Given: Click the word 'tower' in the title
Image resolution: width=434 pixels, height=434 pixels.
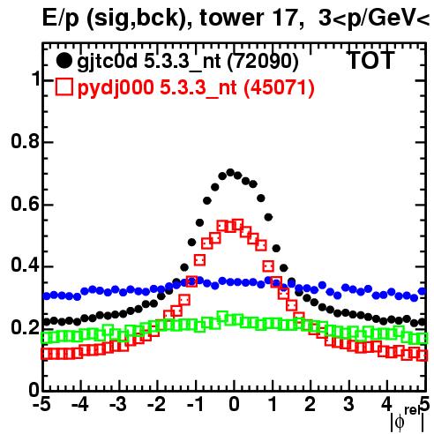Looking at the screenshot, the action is pyautogui.click(x=230, y=18).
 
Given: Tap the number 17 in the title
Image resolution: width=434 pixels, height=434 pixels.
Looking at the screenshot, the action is pyautogui.click(x=285, y=17).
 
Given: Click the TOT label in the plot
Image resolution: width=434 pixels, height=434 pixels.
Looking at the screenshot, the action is pyautogui.click(x=371, y=61).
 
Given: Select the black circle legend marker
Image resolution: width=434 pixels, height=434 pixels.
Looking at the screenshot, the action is pyautogui.click(x=64, y=61).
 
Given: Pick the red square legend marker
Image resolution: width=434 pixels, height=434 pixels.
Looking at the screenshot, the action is pyautogui.click(x=64, y=86).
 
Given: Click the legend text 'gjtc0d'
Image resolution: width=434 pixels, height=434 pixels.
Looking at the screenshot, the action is pyautogui.click(x=108, y=63).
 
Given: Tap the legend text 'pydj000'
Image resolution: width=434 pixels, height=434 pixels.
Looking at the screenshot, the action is pyautogui.click(x=116, y=88).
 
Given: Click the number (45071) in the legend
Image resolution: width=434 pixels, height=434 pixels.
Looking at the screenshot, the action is pyautogui.click(x=280, y=87).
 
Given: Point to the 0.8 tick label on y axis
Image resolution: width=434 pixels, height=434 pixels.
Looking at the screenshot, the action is pyautogui.click(x=25, y=141).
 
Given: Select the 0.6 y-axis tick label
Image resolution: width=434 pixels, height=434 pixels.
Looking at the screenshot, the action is pyautogui.click(x=25, y=204).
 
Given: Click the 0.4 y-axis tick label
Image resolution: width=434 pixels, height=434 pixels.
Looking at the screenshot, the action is pyautogui.click(x=25, y=266).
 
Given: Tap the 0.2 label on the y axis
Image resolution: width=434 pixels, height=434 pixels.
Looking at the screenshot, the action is pyautogui.click(x=25, y=327).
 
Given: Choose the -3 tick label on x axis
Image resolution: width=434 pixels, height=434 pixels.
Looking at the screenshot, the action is pyautogui.click(x=118, y=404).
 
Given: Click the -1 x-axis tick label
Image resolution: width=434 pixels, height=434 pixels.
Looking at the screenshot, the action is pyautogui.click(x=195, y=404).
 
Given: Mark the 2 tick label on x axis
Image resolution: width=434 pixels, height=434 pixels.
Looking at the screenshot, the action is pyautogui.click(x=310, y=404).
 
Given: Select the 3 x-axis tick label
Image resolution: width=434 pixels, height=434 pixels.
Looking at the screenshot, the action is pyautogui.click(x=348, y=404).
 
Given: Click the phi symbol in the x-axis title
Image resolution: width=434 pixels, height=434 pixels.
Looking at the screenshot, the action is pyautogui.click(x=400, y=423).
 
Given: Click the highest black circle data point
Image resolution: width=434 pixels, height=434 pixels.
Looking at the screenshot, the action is pyautogui.click(x=230, y=172).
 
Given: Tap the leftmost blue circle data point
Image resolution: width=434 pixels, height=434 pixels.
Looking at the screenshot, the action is pyautogui.click(x=47, y=296).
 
